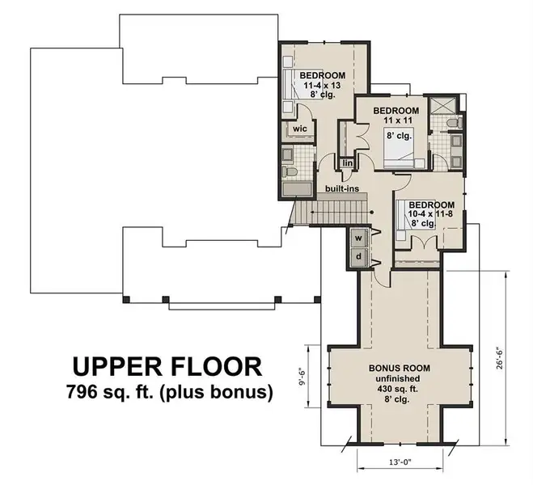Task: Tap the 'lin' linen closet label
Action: (x=348, y=163)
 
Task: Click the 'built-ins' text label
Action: (x=342, y=189)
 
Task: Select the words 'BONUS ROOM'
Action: (x=400, y=368)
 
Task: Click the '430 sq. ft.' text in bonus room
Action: (x=400, y=389)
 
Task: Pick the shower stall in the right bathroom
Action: (x=442, y=105)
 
